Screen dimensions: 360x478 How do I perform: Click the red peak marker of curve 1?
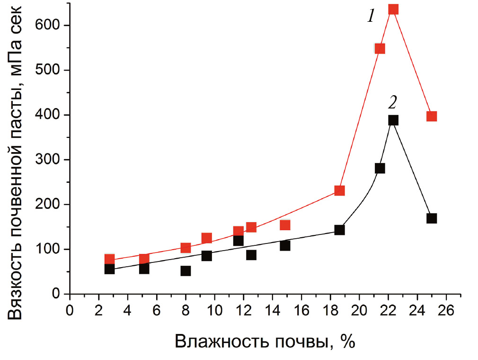[393, 9]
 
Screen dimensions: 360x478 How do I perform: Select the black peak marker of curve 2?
[393, 120]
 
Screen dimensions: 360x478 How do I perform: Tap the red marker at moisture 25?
[431, 116]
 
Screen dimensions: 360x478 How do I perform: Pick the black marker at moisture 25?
[431, 218]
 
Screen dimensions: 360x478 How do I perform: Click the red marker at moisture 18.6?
[339, 190]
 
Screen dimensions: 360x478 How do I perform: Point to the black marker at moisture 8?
[186, 271]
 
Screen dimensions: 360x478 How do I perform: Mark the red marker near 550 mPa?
[380, 49]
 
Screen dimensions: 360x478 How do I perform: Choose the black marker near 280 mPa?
[380, 168]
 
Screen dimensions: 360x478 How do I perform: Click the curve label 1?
[371, 17]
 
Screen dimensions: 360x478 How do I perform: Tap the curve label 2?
[393, 102]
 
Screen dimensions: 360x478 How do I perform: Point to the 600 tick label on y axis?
[49, 26]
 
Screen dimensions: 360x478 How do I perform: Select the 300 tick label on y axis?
[49, 160]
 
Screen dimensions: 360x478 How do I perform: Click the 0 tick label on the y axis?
[56, 295]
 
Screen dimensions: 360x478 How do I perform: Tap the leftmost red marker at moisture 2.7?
[109, 259]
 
